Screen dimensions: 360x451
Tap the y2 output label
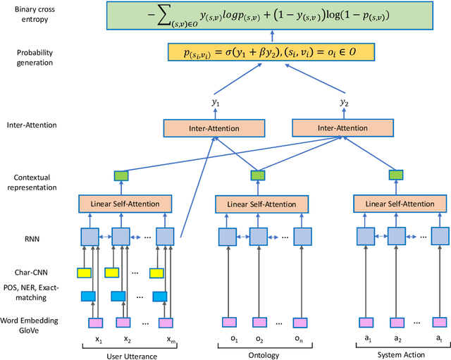click(x=345, y=103)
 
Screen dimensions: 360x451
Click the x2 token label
click(x=128, y=339)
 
